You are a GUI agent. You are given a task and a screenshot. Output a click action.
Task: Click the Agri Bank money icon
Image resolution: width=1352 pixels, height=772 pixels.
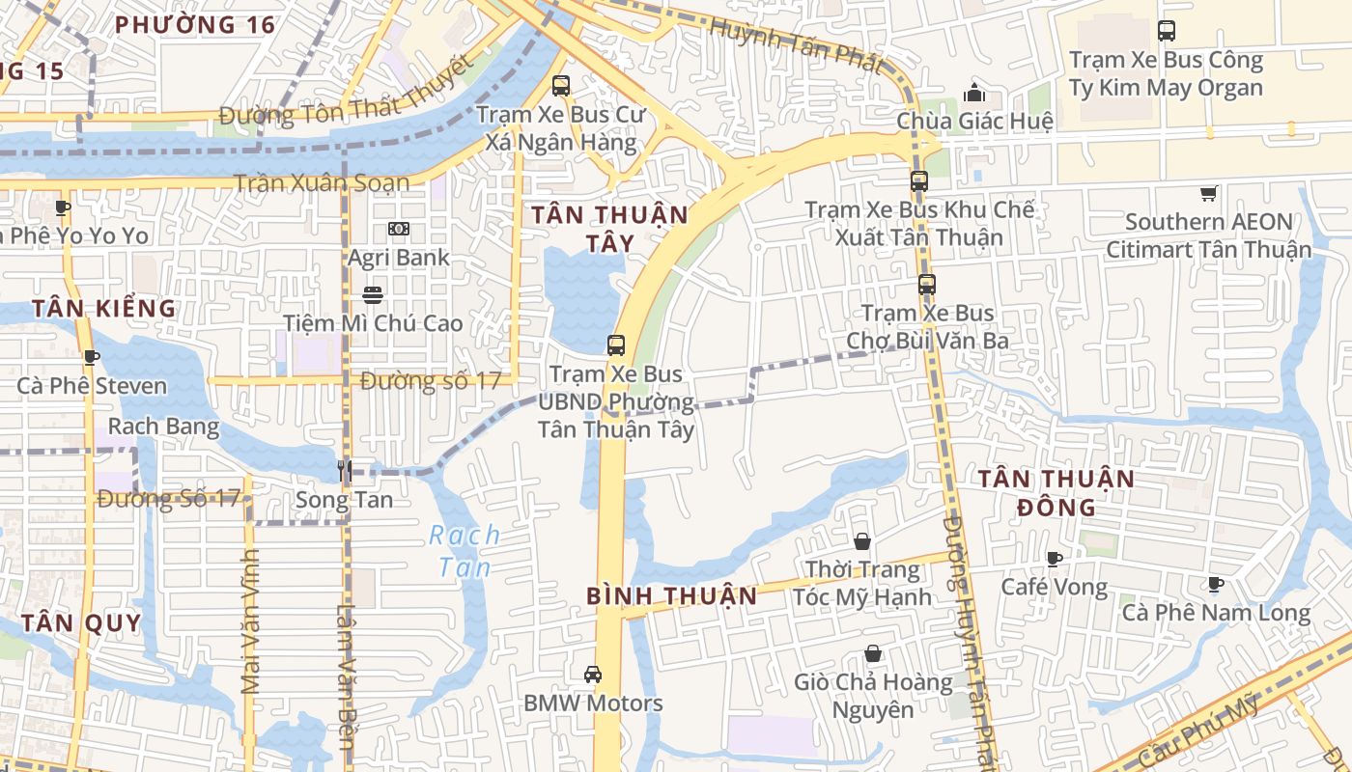point(398,229)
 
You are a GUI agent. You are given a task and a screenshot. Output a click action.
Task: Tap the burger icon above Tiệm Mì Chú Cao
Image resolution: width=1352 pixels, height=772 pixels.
point(373,294)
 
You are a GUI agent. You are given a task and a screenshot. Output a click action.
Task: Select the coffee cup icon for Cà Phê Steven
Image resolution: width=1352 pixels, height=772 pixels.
point(91,358)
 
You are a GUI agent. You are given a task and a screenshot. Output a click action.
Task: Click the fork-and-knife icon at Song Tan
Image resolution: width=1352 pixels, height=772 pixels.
point(344,471)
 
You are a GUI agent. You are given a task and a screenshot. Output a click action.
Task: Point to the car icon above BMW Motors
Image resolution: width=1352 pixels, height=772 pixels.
point(593,674)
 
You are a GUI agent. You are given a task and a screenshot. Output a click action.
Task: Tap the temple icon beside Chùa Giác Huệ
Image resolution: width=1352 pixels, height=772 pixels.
point(974,93)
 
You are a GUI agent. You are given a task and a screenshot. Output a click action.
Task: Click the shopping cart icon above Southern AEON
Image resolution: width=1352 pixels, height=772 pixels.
point(1208,194)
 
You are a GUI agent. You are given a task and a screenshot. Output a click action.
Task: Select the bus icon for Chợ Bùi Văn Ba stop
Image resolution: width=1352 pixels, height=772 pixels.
point(927,285)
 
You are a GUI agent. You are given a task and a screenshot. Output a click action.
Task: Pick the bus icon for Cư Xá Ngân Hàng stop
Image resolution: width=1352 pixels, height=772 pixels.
point(561,86)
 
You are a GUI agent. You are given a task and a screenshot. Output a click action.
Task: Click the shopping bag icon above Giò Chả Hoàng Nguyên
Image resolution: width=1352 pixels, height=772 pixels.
point(873,654)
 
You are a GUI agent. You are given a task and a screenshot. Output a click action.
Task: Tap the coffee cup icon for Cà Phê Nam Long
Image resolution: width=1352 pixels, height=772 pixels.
point(1215,584)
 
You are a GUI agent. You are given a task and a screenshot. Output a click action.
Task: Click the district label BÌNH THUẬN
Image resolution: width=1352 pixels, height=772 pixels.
point(672,596)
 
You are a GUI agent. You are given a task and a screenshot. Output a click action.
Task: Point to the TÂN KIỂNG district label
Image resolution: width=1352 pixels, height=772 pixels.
point(104,309)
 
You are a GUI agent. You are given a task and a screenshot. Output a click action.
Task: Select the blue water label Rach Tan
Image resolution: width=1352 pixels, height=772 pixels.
point(465,551)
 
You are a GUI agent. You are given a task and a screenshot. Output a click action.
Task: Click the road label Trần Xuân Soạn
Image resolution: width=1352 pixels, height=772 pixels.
point(322,183)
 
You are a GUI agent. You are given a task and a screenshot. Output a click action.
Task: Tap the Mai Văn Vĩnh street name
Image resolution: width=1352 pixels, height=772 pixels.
point(251,621)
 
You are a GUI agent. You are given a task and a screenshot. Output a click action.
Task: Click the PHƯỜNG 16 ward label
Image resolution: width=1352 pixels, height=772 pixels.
point(196,25)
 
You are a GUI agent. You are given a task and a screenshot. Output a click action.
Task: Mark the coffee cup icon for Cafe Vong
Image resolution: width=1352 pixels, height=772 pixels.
point(1055,559)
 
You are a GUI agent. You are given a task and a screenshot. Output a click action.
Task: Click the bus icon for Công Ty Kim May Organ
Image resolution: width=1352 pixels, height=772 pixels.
point(1167,31)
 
